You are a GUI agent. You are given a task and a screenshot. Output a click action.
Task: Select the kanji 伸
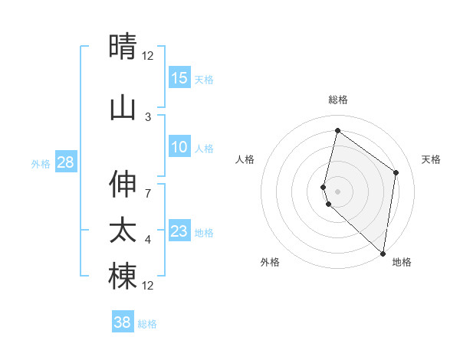(x=123, y=185)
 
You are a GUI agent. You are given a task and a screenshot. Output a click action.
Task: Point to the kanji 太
(x=123, y=231)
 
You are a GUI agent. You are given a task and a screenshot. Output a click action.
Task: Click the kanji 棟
(x=123, y=277)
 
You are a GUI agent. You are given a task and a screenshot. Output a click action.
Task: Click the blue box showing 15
(x=179, y=78)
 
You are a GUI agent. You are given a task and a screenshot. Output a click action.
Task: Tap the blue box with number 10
(x=179, y=147)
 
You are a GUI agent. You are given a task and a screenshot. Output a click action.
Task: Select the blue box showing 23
(x=179, y=231)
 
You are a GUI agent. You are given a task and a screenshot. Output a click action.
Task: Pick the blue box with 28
(x=65, y=162)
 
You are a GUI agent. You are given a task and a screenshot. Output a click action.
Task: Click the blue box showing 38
(x=123, y=322)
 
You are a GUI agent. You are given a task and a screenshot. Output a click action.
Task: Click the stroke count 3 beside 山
(x=148, y=117)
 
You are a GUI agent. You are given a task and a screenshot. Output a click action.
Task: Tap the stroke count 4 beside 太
(x=148, y=240)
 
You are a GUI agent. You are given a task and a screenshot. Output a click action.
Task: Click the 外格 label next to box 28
(x=41, y=163)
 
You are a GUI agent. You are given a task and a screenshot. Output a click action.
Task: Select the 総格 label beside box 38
(x=147, y=324)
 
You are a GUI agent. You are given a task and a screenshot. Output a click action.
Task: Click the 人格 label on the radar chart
(x=245, y=159)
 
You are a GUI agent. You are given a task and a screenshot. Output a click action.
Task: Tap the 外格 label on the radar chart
(x=270, y=263)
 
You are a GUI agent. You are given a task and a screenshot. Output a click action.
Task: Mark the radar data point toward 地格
(x=383, y=254)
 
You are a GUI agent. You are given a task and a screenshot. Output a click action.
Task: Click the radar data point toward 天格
(x=396, y=172)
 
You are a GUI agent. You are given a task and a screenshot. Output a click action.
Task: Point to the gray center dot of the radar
(x=338, y=191)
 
